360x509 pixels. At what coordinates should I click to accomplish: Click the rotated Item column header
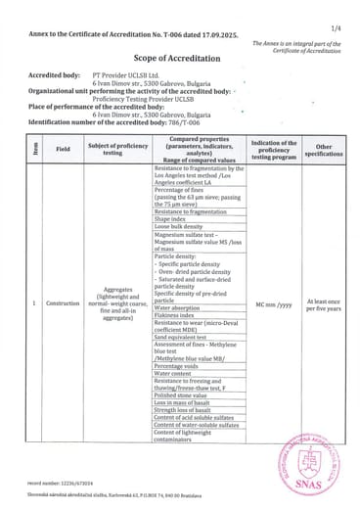35,150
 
